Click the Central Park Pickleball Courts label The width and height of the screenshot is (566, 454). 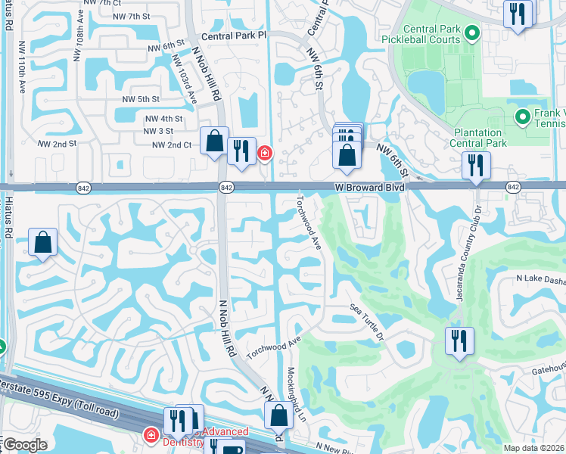(431, 34)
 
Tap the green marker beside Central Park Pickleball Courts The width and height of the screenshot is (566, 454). (473, 33)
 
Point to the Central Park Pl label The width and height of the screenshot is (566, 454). (235, 36)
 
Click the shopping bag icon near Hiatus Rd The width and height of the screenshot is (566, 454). (43, 243)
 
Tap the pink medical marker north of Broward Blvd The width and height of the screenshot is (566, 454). (264, 154)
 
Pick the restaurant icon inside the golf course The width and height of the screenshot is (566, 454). (459, 340)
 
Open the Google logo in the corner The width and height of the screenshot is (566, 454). (25, 445)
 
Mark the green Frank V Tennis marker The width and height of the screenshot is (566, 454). (521, 117)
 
